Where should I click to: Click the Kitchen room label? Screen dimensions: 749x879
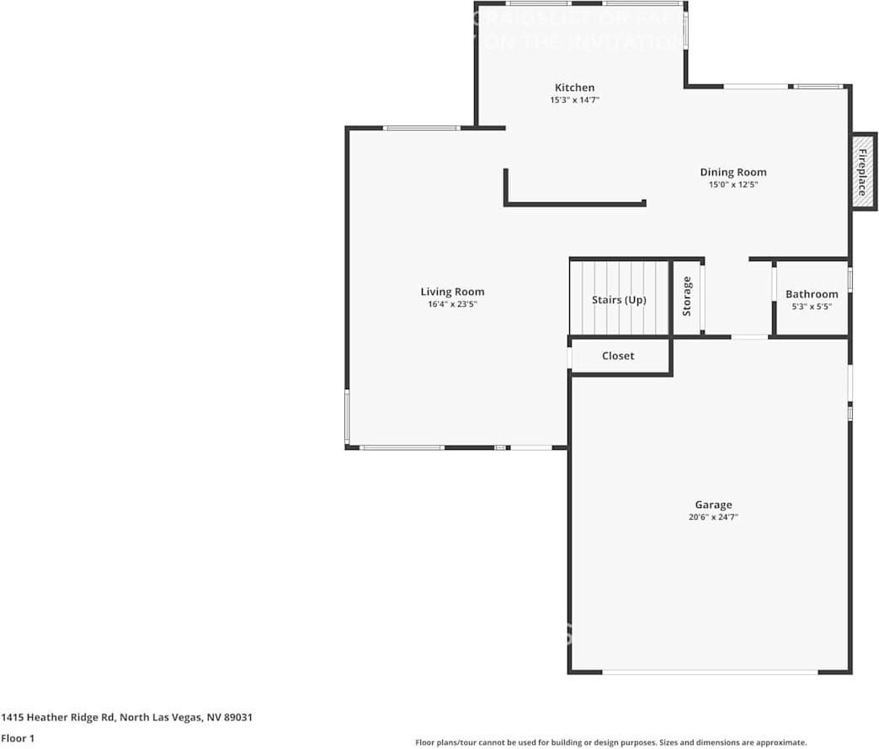[574, 88]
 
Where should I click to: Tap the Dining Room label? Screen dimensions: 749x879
[732, 173]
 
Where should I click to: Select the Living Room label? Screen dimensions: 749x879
[452, 292]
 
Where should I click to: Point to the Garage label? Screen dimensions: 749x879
[713, 506]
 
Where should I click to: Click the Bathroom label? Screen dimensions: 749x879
[812, 294]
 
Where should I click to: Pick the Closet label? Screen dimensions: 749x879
[618, 356]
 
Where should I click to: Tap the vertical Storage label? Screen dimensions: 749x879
[687, 297]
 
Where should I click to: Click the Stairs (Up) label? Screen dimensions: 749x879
[619, 300]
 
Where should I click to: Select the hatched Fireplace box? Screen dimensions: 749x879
[862, 172]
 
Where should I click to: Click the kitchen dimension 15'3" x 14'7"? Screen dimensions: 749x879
[574, 99]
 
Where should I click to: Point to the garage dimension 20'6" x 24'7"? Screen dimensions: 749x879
[713, 517]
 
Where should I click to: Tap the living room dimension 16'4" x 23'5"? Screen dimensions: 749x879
[452, 304]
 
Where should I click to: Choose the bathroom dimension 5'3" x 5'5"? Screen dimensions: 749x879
[812, 307]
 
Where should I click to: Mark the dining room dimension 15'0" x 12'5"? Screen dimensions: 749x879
[732, 185]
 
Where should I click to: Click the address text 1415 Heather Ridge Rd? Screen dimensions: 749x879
[58, 718]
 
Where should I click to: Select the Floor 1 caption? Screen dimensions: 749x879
[18, 738]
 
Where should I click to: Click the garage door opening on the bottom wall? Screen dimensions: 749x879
[710, 671]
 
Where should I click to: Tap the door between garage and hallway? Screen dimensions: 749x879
[749, 337]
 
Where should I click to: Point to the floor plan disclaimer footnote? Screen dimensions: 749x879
[610, 742]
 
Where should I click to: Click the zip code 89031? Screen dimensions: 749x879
[237, 718]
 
